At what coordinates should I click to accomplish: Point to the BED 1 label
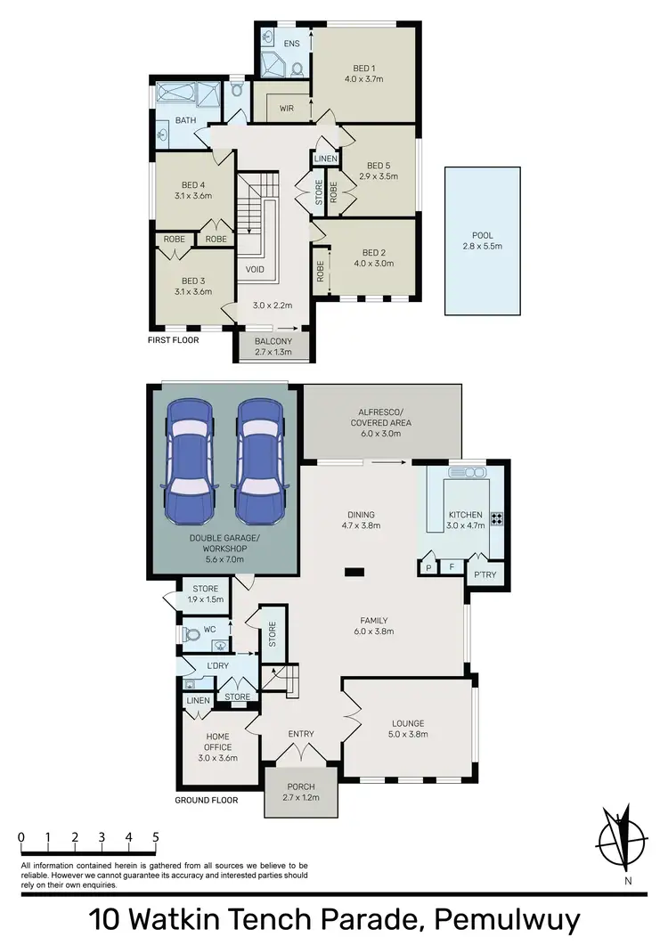pos(363,69)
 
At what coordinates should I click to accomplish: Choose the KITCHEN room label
pos(465,515)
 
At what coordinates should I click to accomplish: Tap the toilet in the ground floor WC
pos(191,635)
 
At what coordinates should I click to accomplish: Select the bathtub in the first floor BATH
pos(176,94)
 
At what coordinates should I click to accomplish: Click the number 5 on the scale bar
pos(156,837)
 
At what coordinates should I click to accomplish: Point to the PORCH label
pos(301,787)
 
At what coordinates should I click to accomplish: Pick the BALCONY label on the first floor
pos(273,341)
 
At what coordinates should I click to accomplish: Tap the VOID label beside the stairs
pos(255,268)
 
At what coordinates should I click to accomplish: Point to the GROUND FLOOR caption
pos(206,800)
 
